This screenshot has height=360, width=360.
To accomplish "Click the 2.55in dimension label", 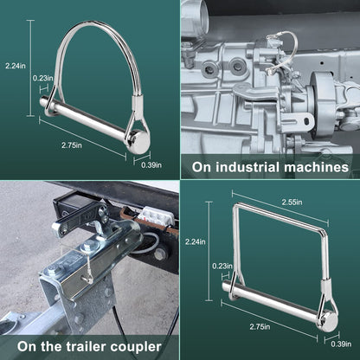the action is click(x=292, y=202).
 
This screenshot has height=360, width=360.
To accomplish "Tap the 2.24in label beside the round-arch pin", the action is click(x=16, y=66).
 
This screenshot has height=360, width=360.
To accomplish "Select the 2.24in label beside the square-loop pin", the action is click(x=196, y=241).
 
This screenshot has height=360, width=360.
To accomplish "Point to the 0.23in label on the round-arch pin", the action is click(x=43, y=78).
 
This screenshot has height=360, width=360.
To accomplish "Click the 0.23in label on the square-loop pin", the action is click(x=222, y=266).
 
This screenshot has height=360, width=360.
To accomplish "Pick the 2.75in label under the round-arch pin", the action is click(x=72, y=145).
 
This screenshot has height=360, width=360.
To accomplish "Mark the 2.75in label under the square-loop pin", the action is click(x=260, y=326).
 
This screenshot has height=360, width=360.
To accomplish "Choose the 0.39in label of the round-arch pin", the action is click(x=151, y=165).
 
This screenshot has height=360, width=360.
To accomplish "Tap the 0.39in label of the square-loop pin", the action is click(x=341, y=344).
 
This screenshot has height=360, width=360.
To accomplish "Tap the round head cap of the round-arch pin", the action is click(x=140, y=142).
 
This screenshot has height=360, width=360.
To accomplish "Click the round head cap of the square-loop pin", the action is click(x=329, y=321).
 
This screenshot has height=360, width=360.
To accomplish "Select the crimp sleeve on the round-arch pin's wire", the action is click(x=136, y=104).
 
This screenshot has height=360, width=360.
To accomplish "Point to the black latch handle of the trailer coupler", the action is click(x=79, y=219).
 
